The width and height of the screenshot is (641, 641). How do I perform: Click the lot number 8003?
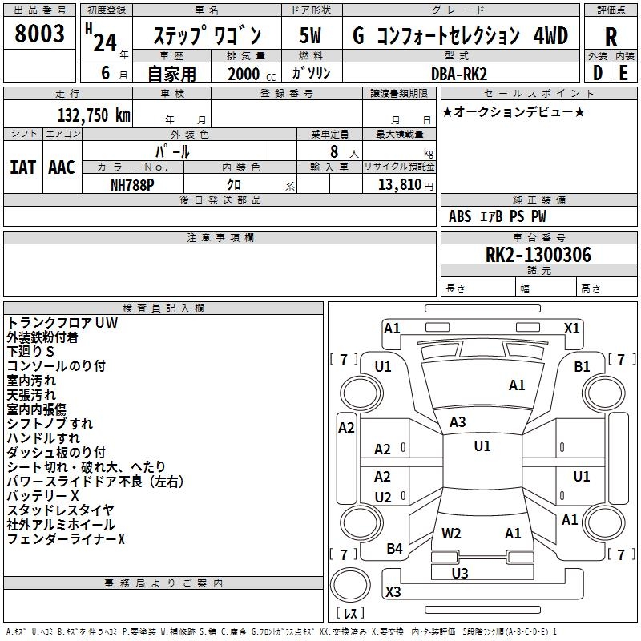[x=40, y=34]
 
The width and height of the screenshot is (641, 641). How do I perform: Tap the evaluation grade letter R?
[x=611, y=36]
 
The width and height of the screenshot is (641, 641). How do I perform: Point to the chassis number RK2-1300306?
[x=538, y=255]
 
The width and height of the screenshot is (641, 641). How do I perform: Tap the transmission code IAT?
[x=23, y=167]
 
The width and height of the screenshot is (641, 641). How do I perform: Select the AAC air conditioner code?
[x=62, y=167]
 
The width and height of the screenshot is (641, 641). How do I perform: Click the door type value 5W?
[x=311, y=36]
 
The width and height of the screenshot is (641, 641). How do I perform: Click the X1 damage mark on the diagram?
[x=572, y=328]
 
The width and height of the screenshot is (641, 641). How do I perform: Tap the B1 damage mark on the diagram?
[x=582, y=366]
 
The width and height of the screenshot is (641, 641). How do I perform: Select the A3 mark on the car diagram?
[x=458, y=422]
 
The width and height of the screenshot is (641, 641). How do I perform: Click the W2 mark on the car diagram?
[x=452, y=533]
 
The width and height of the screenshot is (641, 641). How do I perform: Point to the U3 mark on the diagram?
[x=460, y=573]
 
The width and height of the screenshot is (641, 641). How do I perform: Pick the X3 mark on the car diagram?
[x=393, y=592]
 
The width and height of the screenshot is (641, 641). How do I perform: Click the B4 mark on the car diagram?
[x=395, y=549]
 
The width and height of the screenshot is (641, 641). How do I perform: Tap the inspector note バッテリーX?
[x=42, y=496]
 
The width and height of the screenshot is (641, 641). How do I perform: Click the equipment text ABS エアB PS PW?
[x=498, y=216]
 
